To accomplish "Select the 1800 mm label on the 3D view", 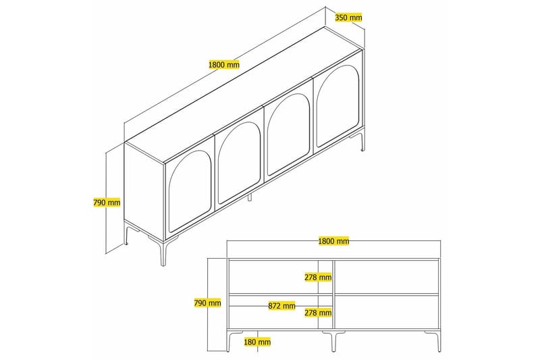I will [x=224, y=65].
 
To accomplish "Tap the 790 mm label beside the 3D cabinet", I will [x=107, y=202].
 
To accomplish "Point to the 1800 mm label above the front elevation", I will [x=333, y=240].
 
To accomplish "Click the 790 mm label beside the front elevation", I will [x=207, y=303].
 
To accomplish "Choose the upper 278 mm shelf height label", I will [x=317, y=277].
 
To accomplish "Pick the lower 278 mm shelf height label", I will [x=317, y=313].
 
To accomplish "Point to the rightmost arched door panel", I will [x=337, y=110].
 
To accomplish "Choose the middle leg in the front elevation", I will [x=333, y=341].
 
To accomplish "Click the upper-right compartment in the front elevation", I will [x=387, y=277].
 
